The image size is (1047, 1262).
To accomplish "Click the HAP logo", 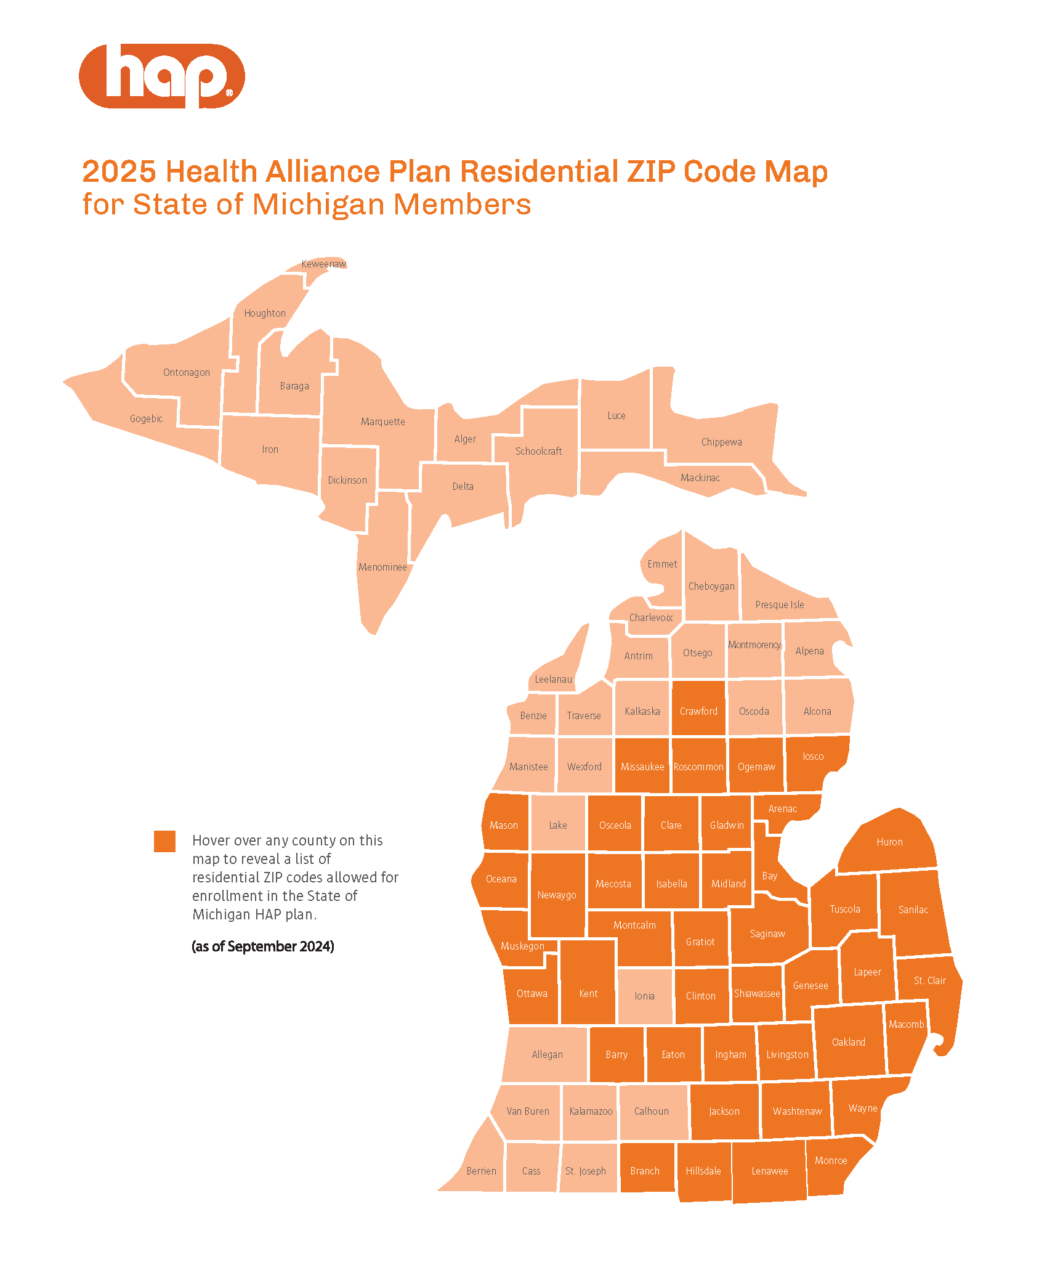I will pos(162,76).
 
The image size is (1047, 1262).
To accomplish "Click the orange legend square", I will pos(164,841).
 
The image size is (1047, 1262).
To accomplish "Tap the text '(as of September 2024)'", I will pos(263,946).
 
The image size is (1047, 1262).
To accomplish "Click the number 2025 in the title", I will pos(119,171).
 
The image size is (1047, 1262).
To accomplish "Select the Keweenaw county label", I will pos(323,264).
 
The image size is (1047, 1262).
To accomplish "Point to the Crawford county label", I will pos(698,711).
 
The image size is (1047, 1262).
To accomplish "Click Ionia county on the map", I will pos(645,996).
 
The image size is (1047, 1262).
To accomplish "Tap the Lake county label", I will pos(558,825).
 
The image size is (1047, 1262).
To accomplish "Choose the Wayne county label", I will pos(862,1108).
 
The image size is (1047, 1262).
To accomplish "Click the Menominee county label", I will pos(382,567).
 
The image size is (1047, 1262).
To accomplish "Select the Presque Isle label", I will pos(780,605).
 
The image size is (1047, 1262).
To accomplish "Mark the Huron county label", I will pos(889,842).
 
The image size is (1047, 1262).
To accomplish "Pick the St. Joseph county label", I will pos(586,1171).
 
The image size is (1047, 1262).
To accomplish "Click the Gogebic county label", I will pos(146,419).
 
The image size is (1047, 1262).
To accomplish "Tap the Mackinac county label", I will pos(700,478).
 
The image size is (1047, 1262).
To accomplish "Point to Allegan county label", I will pos(548,1054).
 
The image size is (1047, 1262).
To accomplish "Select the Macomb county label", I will pos(906,1024).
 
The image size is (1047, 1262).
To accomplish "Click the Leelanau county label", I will pos(553,679).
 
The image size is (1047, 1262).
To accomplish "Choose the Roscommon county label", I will pos(698,767).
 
